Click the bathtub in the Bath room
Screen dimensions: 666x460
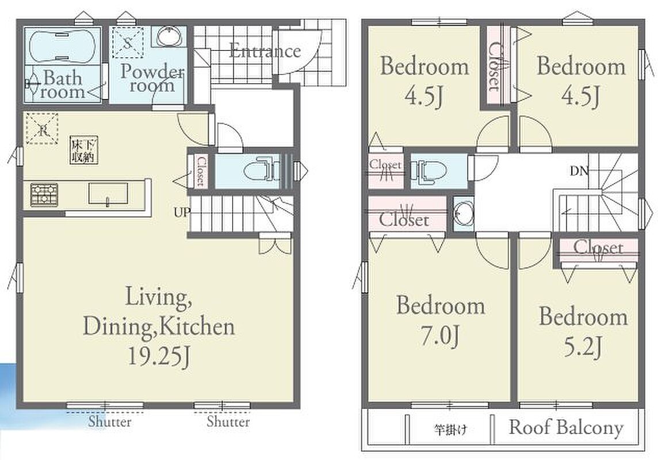[x=62, y=47]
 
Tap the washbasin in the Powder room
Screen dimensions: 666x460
[x=170, y=37]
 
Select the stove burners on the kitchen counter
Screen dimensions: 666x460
[x=44, y=195]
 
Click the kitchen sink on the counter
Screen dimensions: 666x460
[x=108, y=193]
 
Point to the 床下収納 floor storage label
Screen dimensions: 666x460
[x=84, y=150]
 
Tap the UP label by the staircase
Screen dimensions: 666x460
[x=182, y=212]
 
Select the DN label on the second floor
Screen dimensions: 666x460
[x=579, y=171]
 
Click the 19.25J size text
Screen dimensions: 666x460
[x=159, y=356]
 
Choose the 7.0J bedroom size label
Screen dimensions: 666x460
[x=439, y=336]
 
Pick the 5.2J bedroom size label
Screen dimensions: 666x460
[x=583, y=347]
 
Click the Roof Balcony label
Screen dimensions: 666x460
[x=566, y=427]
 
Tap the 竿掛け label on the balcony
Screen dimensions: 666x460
[x=450, y=430]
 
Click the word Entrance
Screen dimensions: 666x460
[x=265, y=51]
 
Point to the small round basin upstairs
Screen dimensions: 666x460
[x=464, y=214]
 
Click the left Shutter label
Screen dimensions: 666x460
[x=110, y=422]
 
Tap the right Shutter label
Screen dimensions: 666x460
[x=228, y=422]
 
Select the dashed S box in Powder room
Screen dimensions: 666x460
[x=128, y=42]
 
